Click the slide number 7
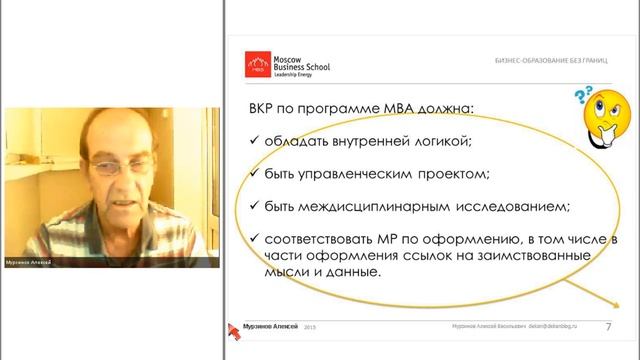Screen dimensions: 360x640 (x=609, y=327)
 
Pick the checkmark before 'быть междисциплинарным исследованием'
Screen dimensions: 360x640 (x=254, y=207)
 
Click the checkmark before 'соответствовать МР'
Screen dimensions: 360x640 (x=254, y=239)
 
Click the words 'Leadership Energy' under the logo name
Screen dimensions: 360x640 (x=294, y=76)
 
